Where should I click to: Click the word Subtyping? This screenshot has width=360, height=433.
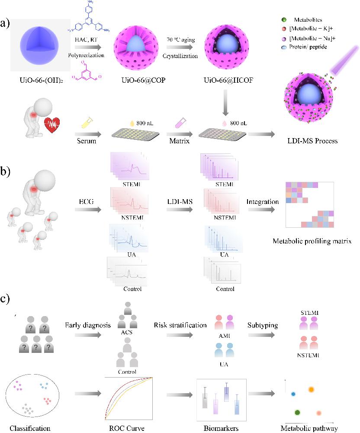click(263, 325)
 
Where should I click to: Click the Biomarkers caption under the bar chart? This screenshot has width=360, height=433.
click(221, 429)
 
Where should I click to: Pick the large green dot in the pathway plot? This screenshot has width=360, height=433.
click(298, 412)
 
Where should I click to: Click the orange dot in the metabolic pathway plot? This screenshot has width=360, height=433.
click(311, 389)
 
